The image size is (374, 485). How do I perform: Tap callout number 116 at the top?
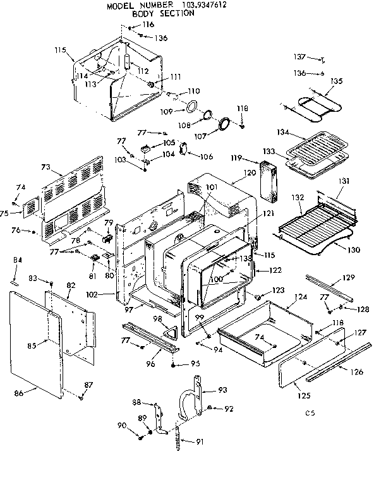tap(148, 24)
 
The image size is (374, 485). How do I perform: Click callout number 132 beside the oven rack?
tap(297, 198)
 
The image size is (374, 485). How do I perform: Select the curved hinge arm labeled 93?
tap(187, 404)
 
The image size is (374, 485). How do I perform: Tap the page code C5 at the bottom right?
tap(309, 414)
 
